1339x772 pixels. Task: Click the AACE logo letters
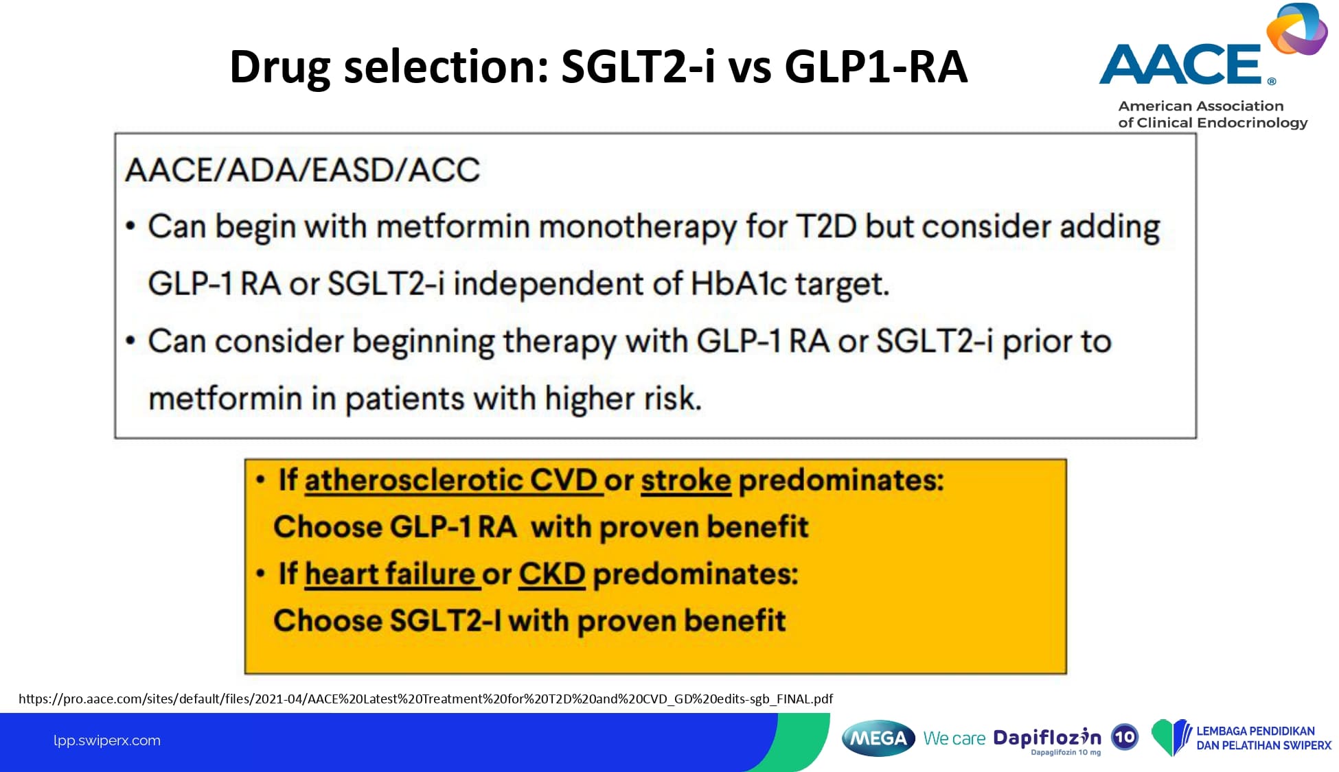click(1180, 65)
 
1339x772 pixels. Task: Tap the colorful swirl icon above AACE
click(1297, 29)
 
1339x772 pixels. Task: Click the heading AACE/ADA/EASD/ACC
click(302, 170)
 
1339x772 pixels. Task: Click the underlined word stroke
click(685, 480)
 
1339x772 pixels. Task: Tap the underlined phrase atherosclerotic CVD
click(450, 480)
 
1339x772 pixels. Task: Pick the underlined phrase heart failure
click(389, 574)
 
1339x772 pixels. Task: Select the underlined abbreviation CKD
click(551, 574)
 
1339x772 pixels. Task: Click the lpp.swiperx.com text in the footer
click(107, 740)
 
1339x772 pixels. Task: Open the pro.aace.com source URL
click(426, 699)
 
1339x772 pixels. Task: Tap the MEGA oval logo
click(878, 738)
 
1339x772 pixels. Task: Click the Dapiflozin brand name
click(1047, 738)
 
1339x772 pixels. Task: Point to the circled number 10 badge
click(1125, 738)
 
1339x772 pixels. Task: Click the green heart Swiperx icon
click(1170, 738)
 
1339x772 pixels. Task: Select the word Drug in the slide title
click(280, 67)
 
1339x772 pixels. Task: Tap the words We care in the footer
click(954, 738)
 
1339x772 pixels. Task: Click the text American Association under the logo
click(1201, 106)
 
